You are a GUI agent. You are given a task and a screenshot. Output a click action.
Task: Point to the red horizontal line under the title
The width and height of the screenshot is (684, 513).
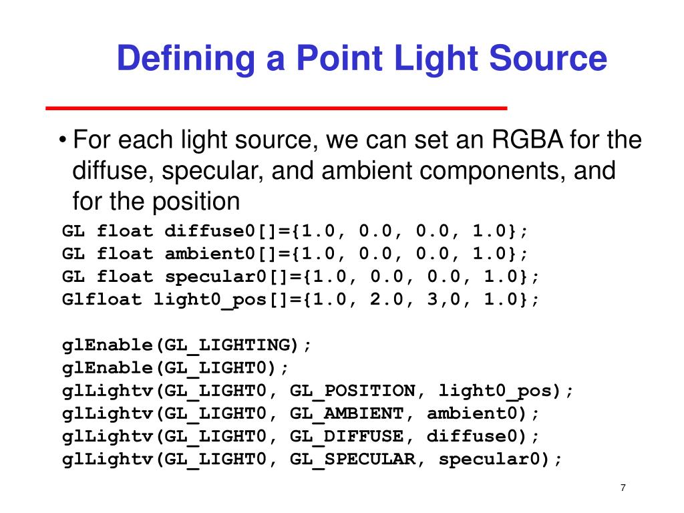pos(276,108)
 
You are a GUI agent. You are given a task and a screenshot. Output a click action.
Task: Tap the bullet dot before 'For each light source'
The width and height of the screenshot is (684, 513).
pos(62,142)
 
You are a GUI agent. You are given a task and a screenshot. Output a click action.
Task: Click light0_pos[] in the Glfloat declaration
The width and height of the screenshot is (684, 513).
pos(221,300)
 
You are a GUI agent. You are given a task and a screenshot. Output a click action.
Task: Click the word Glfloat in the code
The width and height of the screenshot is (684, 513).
pos(102,300)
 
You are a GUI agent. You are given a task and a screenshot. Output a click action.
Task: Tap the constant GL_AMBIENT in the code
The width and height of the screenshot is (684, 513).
pos(347,413)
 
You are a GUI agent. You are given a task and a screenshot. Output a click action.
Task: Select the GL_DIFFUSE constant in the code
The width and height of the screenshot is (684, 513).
pos(347,436)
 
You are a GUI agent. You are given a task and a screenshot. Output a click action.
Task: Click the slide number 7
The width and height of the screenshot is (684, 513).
pos(623,488)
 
